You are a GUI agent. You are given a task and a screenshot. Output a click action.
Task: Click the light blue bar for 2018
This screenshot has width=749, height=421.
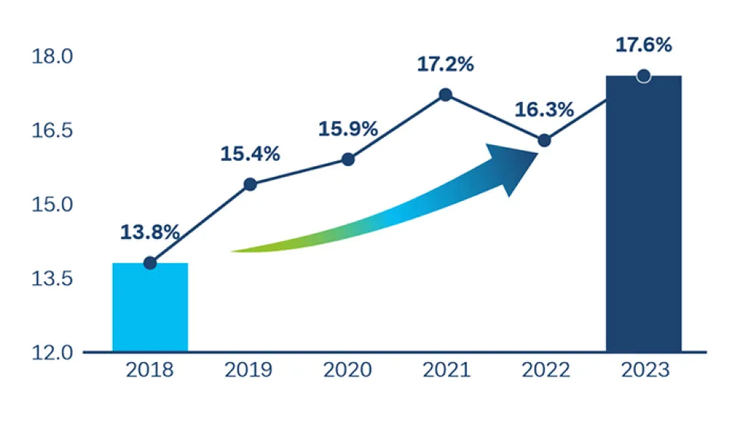(150, 308)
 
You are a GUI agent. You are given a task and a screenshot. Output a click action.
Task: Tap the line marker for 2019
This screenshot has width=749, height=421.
(250, 184)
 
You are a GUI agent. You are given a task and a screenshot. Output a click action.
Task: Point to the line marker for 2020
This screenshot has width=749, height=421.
(348, 159)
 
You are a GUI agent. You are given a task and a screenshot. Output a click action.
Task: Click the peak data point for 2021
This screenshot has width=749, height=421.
(446, 94)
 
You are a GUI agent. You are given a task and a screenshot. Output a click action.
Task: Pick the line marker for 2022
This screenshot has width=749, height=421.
(544, 140)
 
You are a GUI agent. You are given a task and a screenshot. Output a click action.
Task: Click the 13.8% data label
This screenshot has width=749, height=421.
(150, 232)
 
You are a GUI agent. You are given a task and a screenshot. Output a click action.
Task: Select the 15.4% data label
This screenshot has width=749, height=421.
(250, 154)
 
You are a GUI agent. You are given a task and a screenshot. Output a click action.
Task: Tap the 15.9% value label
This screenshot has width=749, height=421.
(348, 129)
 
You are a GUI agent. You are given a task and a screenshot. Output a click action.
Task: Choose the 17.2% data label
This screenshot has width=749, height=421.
(446, 64)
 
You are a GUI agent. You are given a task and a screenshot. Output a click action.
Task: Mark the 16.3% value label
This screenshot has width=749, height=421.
(544, 110)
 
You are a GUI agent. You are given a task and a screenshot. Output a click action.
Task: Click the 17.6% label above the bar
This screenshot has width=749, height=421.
(644, 45)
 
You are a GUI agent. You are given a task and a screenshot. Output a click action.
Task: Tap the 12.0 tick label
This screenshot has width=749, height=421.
(51, 353)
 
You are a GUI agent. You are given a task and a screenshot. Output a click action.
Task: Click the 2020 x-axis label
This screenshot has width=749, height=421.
(348, 370)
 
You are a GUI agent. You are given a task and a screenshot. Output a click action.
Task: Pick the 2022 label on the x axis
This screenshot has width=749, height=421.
(544, 370)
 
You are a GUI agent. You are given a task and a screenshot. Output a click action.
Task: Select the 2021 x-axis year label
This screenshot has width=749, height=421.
(446, 370)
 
